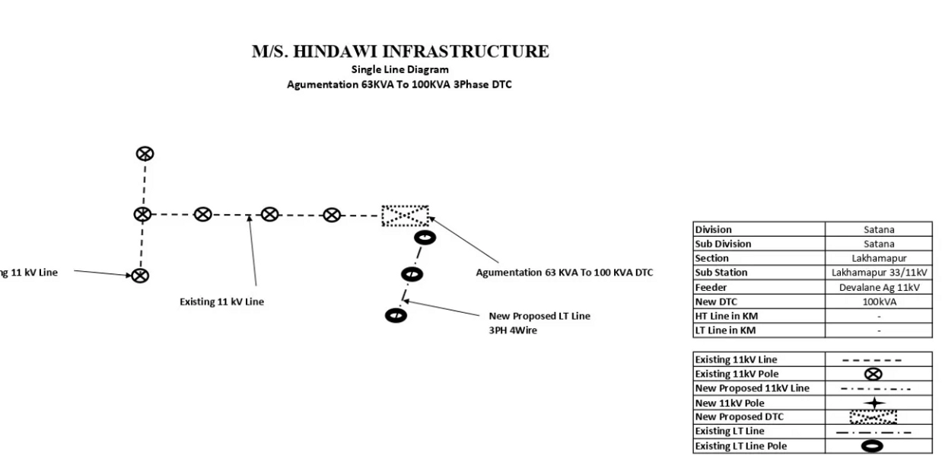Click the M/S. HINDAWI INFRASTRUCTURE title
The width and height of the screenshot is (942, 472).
point(399,52)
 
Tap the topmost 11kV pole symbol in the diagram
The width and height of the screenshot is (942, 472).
point(145,154)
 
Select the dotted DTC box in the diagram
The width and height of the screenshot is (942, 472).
point(405,216)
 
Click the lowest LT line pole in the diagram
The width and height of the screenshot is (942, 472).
point(396,314)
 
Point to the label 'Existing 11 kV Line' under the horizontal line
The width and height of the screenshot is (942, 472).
point(221,301)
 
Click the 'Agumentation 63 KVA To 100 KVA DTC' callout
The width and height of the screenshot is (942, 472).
point(564,272)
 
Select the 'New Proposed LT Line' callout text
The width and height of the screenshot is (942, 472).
point(539,316)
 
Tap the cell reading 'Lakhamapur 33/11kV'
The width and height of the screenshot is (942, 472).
point(879,273)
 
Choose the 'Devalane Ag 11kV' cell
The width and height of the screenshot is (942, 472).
point(879,288)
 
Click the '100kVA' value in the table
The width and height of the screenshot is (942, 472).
point(879,302)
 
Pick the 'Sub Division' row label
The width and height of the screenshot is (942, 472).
point(723,244)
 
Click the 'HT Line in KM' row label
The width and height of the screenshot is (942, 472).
point(725,317)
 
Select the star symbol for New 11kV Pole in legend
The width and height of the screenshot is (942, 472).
point(874,403)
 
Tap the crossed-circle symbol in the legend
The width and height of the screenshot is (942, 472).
point(874,374)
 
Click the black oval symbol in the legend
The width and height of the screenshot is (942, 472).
point(874,446)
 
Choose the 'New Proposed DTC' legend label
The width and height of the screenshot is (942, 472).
point(739,417)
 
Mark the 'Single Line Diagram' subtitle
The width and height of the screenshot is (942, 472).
point(399,69)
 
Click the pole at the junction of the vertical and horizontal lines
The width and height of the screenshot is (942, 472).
point(142,215)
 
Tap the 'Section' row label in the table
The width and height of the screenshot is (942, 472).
point(712,259)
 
